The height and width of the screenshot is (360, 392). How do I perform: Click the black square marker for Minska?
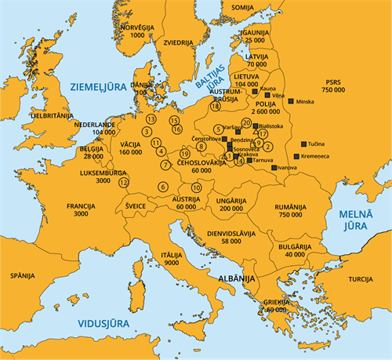(290, 102)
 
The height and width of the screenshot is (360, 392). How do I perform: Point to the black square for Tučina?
(303, 144)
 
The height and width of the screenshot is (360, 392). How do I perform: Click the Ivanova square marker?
(273, 167)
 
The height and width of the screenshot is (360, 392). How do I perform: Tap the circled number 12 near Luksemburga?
(123, 182)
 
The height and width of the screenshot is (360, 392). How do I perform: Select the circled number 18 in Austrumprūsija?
(215, 107)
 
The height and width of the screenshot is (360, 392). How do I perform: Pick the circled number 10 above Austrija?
(197, 187)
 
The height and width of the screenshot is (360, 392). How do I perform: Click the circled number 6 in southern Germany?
(162, 187)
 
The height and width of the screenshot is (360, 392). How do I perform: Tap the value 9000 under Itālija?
(172, 264)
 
